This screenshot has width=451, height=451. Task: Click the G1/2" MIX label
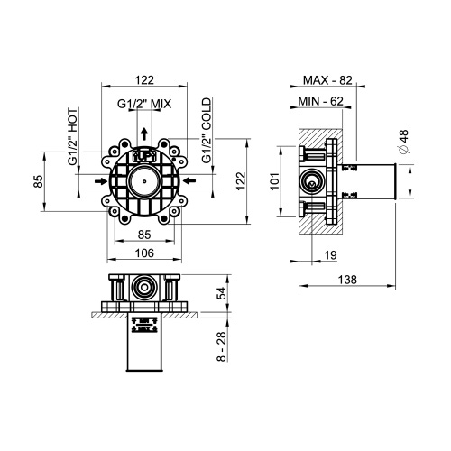[144, 104]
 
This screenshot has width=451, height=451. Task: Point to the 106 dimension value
[144, 253]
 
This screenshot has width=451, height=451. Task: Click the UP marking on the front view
[144, 155]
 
